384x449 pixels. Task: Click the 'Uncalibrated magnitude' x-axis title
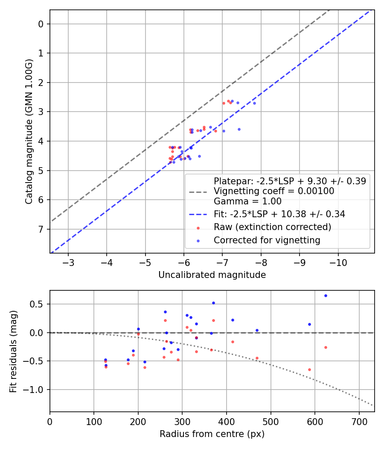pos(212,275)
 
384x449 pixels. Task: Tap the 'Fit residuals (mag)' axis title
pos(14,351)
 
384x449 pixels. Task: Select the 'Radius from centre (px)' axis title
pos(212,434)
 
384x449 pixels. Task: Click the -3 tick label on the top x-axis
pos(68,261)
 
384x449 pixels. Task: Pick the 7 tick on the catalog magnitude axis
pos(41,229)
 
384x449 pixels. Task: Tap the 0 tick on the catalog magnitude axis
pos(41,24)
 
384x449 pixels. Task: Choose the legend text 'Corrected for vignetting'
pos(267,240)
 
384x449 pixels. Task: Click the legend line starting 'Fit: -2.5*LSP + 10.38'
pos(279,214)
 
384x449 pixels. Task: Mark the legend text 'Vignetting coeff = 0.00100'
pos(273,191)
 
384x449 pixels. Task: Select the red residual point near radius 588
pos(309,369)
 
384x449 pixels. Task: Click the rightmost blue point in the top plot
pos(254,103)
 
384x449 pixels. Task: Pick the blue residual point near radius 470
pos(257,330)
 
